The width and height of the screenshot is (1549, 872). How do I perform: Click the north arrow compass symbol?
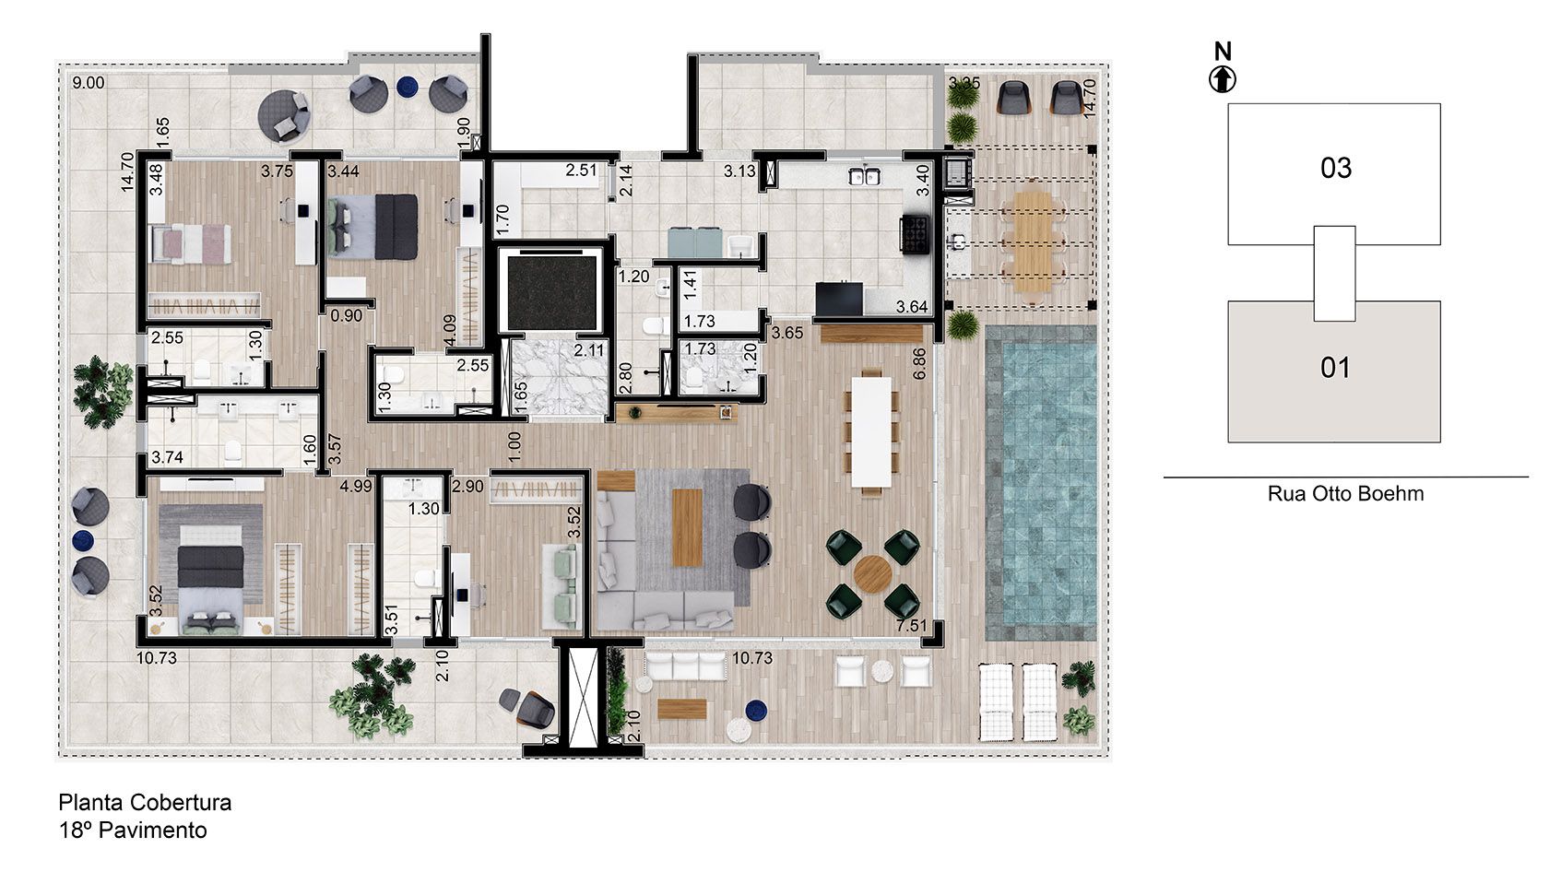click(x=1223, y=79)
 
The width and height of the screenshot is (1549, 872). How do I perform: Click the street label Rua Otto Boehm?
click(x=1345, y=494)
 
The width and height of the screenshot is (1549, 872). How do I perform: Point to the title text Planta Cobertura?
click(x=145, y=802)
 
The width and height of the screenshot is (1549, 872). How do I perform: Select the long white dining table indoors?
click(x=871, y=432)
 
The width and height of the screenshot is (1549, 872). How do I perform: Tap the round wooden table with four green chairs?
click(x=872, y=574)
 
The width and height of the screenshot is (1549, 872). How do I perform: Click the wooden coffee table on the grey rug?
click(x=687, y=526)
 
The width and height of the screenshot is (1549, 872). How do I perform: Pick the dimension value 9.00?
click(x=89, y=83)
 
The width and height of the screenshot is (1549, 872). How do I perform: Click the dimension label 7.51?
click(x=912, y=627)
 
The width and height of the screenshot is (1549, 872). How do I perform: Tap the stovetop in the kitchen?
click(x=915, y=235)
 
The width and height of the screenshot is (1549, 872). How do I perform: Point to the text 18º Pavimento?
click(x=133, y=831)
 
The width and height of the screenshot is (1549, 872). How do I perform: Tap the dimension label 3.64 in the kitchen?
click(x=912, y=307)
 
